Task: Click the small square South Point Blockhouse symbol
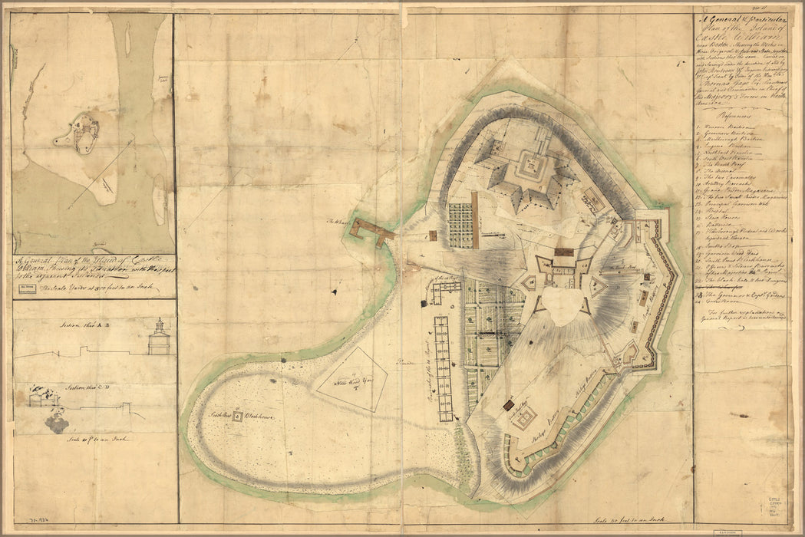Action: point(237,417)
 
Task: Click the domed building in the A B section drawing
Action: point(159,338)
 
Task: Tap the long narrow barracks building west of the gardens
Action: point(443,368)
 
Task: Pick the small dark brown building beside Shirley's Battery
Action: point(507,404)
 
